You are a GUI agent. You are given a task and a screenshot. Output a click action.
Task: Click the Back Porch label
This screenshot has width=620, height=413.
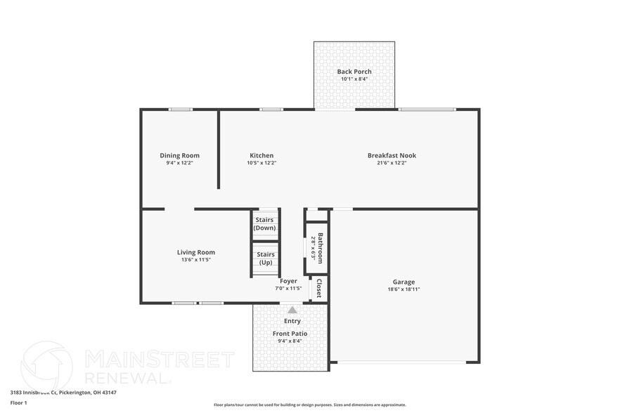pos(354,72)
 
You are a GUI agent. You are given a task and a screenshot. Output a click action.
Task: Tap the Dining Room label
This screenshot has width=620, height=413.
pos(179,155)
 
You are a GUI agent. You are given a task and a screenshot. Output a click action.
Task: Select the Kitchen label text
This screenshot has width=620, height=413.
pos(261,155)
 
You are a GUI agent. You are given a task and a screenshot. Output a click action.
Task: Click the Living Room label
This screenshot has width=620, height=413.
pos(195,252)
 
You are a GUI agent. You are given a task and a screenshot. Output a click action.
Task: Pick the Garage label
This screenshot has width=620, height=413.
pos(403,282)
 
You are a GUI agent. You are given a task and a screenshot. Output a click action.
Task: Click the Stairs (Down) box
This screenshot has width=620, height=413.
pos(265,224)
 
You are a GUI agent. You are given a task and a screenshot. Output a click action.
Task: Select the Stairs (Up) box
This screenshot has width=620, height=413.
pos(266,258)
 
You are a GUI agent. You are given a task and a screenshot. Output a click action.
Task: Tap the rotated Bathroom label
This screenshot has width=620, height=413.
pos(321,247)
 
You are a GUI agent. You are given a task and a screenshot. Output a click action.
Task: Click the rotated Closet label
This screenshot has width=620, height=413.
pos(319,288)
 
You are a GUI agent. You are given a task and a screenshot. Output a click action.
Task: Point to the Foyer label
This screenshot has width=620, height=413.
pos(289,281)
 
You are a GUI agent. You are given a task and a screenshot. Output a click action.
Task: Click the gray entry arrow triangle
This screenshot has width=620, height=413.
pos(292,309)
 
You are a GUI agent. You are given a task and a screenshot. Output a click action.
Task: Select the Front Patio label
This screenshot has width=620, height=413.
pos(290,334)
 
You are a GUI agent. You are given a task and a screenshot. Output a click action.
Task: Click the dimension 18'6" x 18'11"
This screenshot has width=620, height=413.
pos(403,289)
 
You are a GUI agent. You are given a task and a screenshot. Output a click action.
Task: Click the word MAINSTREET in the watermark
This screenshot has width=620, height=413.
pos(160,360)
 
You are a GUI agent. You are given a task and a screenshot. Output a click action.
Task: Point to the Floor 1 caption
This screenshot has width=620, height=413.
pos(18,402)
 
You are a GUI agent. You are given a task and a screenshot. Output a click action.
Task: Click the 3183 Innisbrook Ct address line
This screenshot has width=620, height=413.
pos(63,393)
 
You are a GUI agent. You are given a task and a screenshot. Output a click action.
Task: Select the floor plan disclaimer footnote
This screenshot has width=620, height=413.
pos(309,405)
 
